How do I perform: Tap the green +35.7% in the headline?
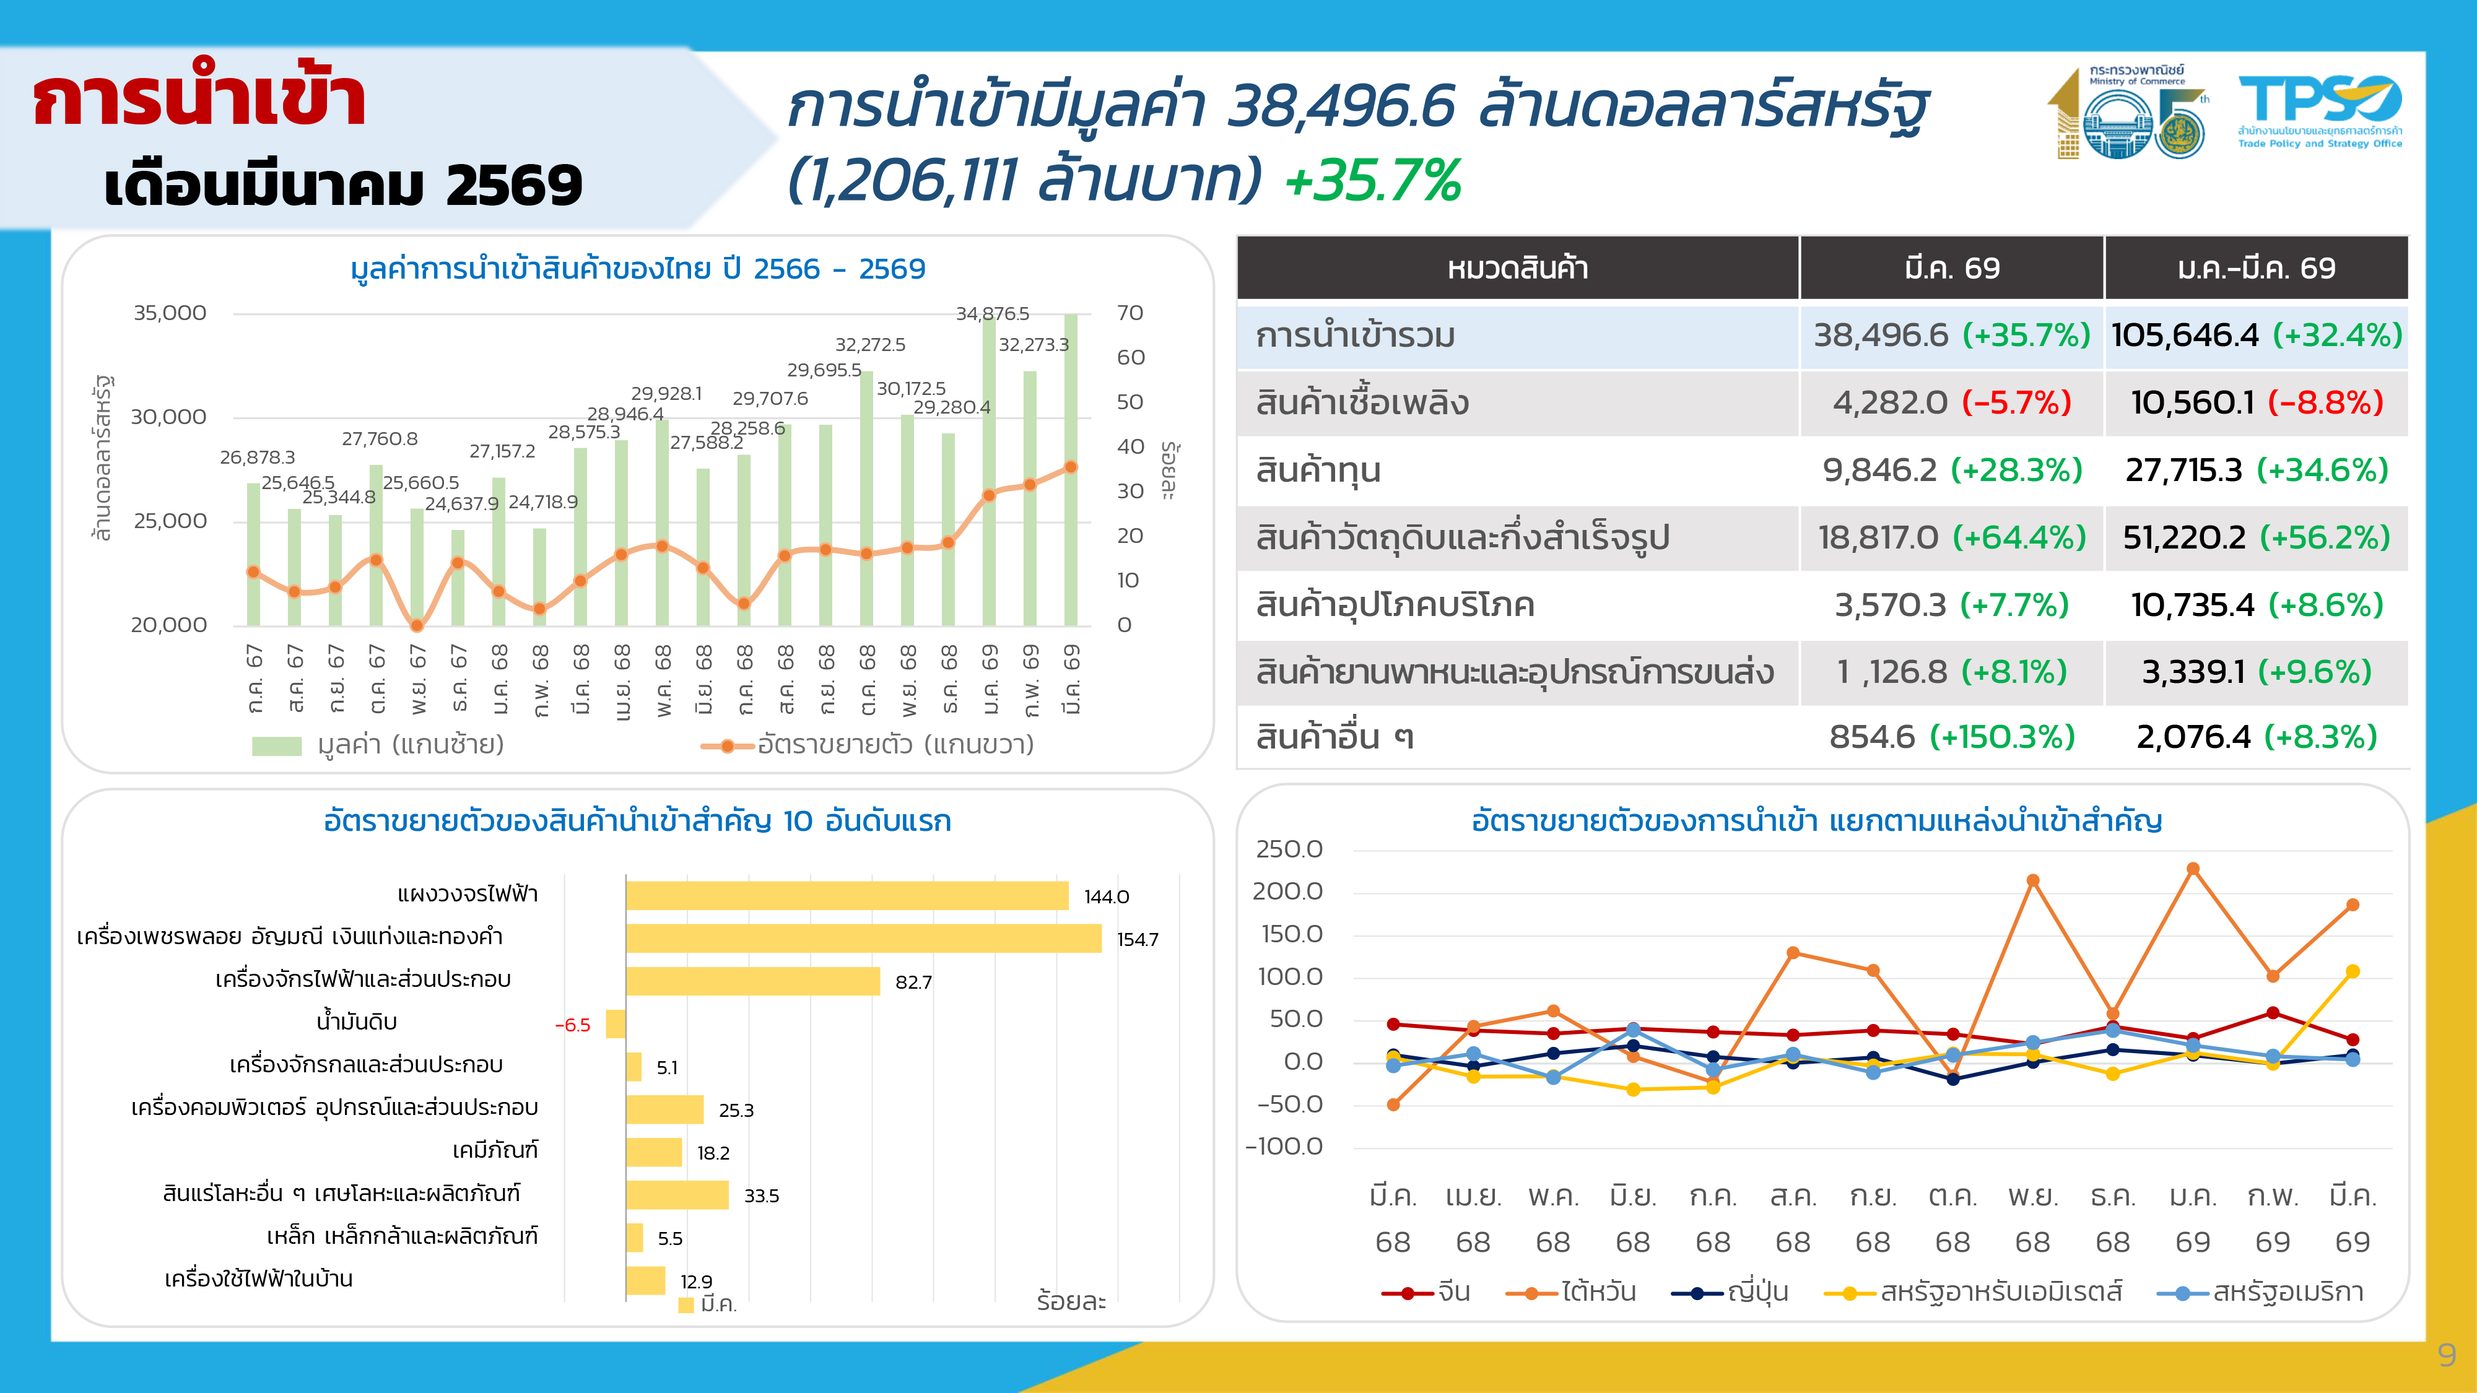[x=1372, y=181]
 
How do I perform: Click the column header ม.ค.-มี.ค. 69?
[x=2256, y=268]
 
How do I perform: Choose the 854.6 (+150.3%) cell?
[x=1951, y=737]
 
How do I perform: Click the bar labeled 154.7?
[x=863, y=939]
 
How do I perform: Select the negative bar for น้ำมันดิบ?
[x=616, y=1024]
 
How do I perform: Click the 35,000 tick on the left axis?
[x=169, y=313]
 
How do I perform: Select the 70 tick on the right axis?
[x=1130, y=313]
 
